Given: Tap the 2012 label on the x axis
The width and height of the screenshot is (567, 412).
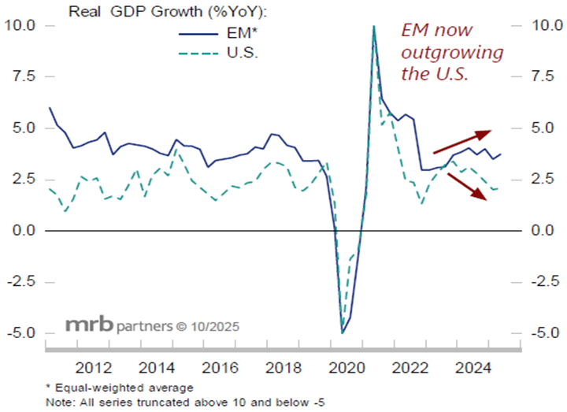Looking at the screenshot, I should (x=90, y=367).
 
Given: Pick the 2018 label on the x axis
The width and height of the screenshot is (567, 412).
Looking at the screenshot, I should (x=283, y=367).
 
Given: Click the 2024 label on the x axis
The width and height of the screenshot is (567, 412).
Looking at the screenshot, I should (x=475, y=367).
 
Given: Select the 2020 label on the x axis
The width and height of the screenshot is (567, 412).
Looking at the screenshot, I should (x=346, y=367).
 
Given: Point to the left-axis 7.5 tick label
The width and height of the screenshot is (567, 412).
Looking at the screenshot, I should (x=21, y=76).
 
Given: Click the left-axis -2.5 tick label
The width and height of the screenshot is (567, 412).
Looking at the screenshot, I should (x=20, y=282).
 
